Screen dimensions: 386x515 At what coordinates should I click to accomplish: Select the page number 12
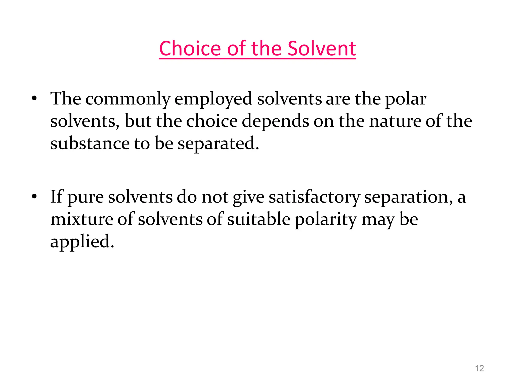click(x=479, y=368)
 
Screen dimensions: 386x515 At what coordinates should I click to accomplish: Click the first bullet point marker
click(x=34, y=99)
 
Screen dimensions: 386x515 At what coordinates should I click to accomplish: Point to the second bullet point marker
click(x=34, y=197)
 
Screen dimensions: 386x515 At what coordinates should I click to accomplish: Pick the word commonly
click(x=128, y=99)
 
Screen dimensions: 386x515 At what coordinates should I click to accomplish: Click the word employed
click(x=213, y=99)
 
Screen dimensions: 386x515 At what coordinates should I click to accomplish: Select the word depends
click(x=275, y=122)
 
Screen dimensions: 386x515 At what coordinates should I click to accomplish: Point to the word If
click(x=57, y=197)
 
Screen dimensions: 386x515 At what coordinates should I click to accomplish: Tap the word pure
click(x=86, y=198)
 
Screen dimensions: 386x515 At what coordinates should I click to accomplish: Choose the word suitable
click(x=259, y=219)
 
